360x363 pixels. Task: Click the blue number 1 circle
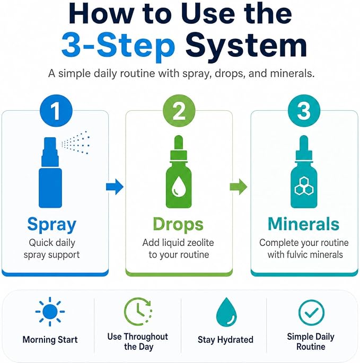click(56, 110)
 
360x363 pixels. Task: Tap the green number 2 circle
click(179, 110)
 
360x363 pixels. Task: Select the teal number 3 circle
click(304, 110)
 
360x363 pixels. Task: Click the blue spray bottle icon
click(50, 172)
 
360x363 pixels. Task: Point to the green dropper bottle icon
click(179, 172)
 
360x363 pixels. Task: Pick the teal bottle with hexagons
click(304, 172)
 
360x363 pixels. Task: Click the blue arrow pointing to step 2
click(115, 187)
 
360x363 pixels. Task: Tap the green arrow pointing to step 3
click(239, 187)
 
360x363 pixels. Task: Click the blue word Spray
click(51, 225)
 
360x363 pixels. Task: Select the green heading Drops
click(178, 224)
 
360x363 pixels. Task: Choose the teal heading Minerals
click(303, 224)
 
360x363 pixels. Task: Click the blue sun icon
click(50, 312)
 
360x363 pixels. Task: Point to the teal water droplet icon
click(226, 312)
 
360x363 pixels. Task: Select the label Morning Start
click(50, 340)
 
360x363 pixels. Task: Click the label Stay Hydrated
click(225, 340)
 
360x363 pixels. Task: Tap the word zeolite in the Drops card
click(200, 243)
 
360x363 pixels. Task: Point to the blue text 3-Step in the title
click(118, 45)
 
